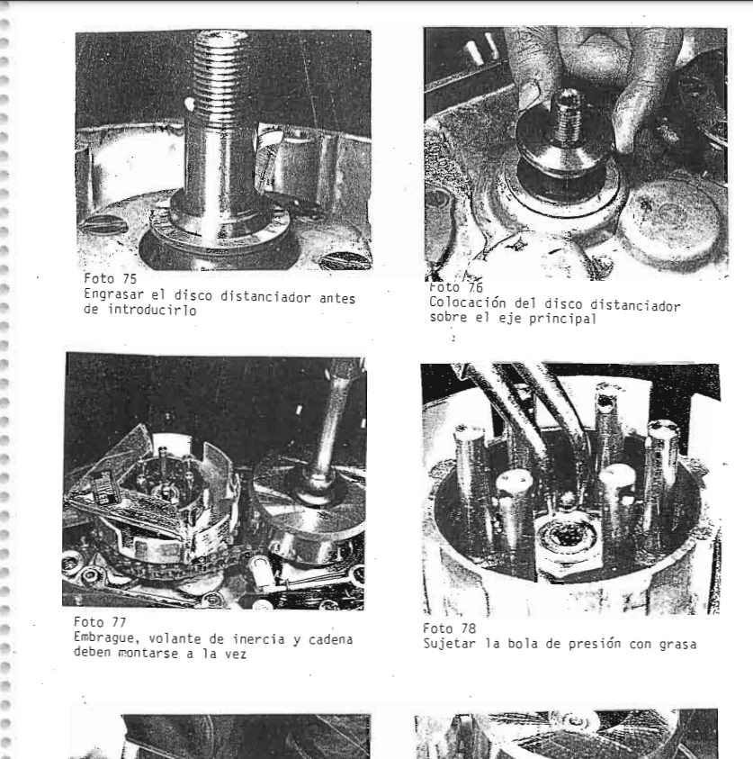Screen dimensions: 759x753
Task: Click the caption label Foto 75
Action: (x=104, y=279)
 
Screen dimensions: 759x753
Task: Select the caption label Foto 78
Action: (x=444, y=627)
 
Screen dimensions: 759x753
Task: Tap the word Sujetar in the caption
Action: (x=448, y=641)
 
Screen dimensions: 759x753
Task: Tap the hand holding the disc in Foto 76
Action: (x=585, y=72)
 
